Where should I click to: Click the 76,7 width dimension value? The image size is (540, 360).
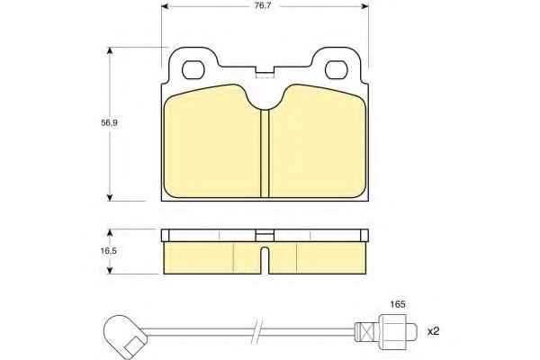tap(263, 6)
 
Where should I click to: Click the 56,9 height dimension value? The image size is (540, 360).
tap(109, 122)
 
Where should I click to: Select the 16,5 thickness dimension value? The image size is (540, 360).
tap(109, 251)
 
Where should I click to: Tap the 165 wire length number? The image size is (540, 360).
tap(398, 304)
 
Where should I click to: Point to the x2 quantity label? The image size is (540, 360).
tap(433, 331)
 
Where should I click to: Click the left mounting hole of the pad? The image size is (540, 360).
tap(193, 69)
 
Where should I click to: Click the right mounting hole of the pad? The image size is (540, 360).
tap(337, 69)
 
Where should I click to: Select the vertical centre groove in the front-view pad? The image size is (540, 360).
tap(265, 154)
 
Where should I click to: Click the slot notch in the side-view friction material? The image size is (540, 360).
tap(265, 260)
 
